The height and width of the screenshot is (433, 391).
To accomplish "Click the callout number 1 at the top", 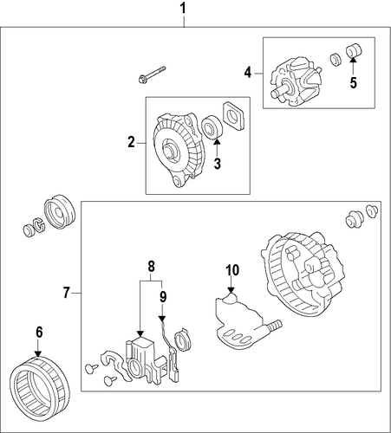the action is (183, 9).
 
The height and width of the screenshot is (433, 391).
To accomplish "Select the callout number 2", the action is (132, 142).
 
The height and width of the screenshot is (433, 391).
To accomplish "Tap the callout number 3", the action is (218, 164).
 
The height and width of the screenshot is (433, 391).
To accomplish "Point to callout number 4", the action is (248, 72).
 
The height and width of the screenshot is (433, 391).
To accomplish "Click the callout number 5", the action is (354, 82).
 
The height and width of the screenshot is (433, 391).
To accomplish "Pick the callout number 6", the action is (39, 332).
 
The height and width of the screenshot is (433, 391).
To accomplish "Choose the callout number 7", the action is (67, 293).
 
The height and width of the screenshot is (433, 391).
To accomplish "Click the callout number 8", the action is (151, 267).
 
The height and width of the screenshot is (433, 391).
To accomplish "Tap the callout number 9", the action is (163, 297).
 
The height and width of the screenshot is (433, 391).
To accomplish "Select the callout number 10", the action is (232, 270).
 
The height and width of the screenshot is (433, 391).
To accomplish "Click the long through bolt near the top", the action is (152, 74).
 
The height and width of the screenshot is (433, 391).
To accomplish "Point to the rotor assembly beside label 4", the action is (296, 81).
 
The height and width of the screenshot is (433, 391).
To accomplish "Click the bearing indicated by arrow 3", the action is (212, 126).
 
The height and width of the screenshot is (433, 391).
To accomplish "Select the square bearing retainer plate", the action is (234, 116).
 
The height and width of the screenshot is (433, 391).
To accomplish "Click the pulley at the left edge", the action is (60, 212).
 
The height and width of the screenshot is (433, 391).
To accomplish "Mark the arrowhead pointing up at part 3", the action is (218, 141).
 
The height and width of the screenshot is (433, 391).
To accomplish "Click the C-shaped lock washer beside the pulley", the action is (38, 224).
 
